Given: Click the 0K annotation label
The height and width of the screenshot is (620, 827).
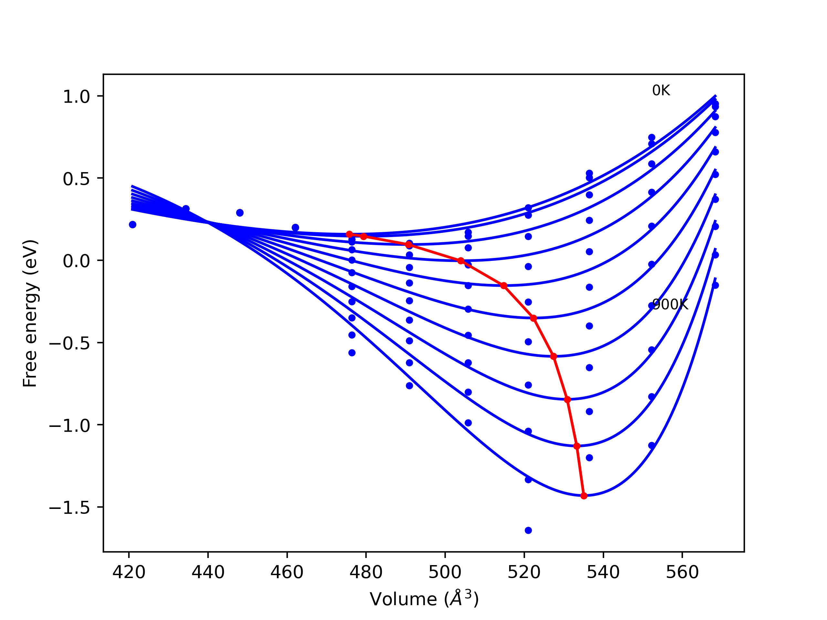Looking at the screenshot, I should pos(661,91).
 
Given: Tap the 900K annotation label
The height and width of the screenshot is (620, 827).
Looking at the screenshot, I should pos(670,305).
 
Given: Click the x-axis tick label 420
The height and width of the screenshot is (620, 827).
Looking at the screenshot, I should pos(129,573).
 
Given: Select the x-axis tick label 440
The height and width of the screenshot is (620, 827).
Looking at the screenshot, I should pos(208,573).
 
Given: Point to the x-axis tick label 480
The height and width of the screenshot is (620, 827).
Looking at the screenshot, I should pos(366,573).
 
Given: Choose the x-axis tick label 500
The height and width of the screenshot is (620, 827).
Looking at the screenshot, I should pos(445,573).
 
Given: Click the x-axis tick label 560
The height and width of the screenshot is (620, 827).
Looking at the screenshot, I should pos(682,573).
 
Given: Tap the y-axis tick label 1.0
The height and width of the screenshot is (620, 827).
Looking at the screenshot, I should pos(76,97).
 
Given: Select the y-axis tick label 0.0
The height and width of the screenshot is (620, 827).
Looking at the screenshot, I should pos(76,261).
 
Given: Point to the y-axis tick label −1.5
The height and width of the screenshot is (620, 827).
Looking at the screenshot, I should pos(69,508).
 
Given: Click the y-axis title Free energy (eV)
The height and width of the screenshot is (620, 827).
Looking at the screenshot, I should pos(30,313).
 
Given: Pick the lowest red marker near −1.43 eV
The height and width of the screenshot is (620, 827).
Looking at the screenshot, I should pos(584,496).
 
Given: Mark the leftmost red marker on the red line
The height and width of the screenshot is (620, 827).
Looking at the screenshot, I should pos(349,234).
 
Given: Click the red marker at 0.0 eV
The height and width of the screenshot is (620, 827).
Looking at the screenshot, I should pos(461,261).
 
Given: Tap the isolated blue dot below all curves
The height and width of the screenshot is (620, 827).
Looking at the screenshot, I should pos(528,530).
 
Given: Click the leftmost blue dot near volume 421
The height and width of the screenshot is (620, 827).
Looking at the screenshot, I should pos(132,225).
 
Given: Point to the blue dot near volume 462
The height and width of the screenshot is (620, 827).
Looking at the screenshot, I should pos(295,228).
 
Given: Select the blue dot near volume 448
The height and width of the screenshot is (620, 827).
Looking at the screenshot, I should pos(240,213).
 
